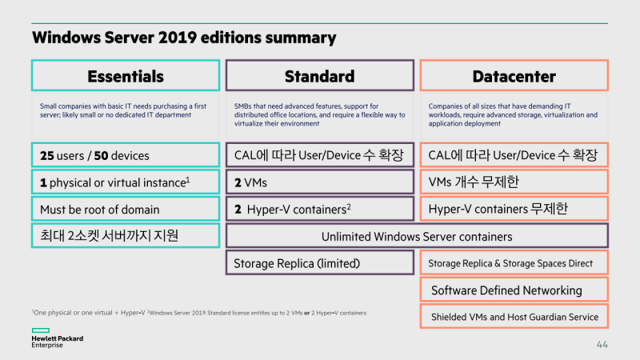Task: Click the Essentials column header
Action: click(x=125, y=76)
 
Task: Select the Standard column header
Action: click(x=319, y=76)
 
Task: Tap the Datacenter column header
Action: click(x=514, y=76)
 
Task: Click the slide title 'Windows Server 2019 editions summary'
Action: click(x=183, y=38)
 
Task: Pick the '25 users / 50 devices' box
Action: click(x=125, y=155)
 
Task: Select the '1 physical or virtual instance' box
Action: click(x=125, y=182)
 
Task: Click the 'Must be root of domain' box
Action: click(x=125, y=210)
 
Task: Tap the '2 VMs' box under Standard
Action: click(x=319, y=182)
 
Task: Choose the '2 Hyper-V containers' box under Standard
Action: click(x=319, y=210)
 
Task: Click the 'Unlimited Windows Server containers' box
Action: click(x=416, y=237)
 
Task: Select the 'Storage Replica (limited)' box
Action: click(x=319, y=263)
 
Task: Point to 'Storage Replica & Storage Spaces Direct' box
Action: click(x=514, y=263)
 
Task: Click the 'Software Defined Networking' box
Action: click(x=514, y=290)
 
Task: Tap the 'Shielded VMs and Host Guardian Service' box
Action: click(x=514, y=317)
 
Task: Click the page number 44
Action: click(x=602, y=345)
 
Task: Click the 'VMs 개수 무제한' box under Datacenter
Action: click(x=514, y=182)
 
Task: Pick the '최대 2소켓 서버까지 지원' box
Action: click(x=125, y=237)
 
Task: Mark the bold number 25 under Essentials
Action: click(x=47, y=155)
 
